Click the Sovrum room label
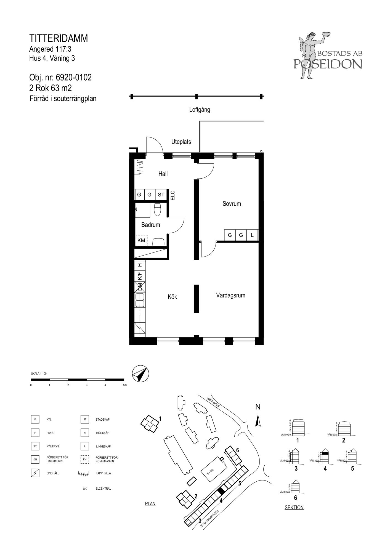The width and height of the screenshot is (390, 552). click(232, 204)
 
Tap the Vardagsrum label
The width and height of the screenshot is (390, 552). click(230, 295)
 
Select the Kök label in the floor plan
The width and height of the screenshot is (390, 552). click(172, 297)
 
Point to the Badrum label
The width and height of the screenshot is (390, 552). click(150, 225)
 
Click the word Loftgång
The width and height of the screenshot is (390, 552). click(200, 110)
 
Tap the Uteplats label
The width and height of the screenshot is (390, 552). click(181, 142)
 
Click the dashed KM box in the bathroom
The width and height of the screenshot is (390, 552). click(141, 240)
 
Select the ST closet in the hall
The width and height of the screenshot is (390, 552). click(161, 195)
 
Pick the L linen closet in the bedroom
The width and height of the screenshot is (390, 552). click(252, 235)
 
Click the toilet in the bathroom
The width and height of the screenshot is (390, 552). click(157, 209)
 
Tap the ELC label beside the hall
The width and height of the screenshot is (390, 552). click(173, 195)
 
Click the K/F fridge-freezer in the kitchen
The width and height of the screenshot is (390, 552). click(140, 275)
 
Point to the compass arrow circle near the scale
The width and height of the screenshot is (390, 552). click(140, 374)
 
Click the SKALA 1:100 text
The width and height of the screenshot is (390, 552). click(39, 374)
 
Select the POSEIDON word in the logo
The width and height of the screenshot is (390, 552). click(328, 64)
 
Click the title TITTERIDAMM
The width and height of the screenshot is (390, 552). click(59, 38)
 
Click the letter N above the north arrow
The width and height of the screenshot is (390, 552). click(258, 407)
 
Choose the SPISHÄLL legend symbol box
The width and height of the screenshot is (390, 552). click(35, 473)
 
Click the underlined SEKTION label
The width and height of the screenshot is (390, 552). click(294, 507)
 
